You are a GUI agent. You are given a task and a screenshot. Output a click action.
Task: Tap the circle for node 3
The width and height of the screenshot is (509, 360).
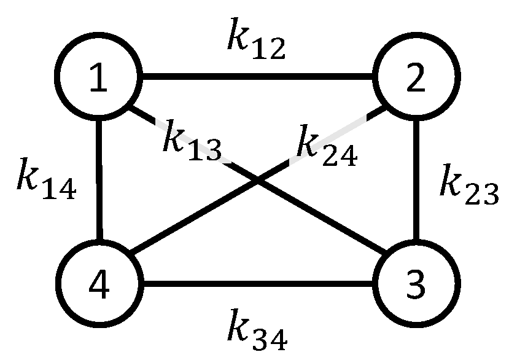click(x=416, y=285)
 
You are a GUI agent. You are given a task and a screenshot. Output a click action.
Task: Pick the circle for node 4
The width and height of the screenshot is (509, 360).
click(x=98, y=285)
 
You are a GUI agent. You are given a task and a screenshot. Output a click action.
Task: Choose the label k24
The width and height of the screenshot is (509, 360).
click(x=325, y=147)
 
